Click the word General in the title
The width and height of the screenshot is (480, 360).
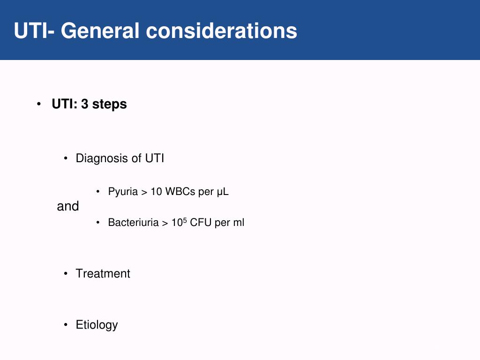100,31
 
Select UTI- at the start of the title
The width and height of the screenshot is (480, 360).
34,31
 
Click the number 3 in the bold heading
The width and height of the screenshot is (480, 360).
84,104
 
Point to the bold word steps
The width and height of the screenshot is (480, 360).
110,105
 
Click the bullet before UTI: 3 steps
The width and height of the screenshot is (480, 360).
39,104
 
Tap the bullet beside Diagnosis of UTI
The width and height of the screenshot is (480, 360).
66,158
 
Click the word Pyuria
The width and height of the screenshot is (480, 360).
123,192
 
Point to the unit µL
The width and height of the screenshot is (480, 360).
223,192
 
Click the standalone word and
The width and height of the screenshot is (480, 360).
68,206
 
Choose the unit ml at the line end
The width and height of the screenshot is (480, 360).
239,223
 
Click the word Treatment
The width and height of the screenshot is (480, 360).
103,273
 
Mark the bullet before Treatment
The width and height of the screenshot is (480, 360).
66,273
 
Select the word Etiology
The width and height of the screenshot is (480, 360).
97,325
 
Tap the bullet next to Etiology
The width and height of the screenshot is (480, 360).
66,324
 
